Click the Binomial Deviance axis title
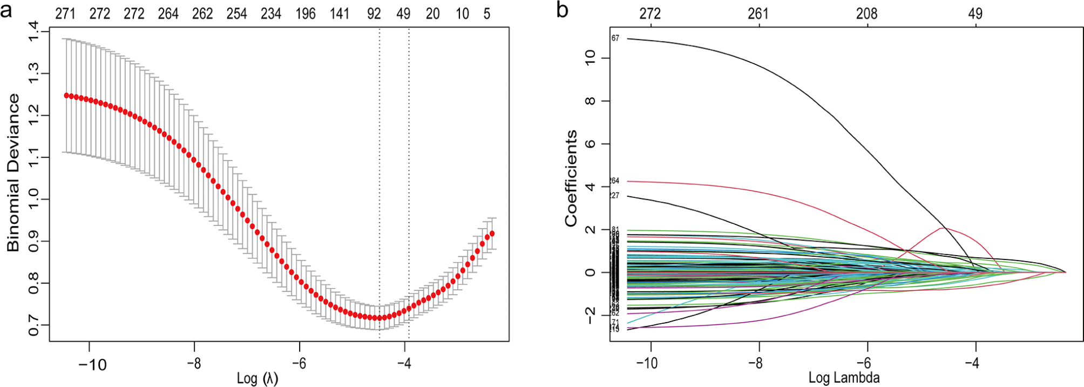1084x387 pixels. click(13, 172)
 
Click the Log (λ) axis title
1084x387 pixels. click(258, 378)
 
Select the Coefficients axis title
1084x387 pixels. click(571, 178)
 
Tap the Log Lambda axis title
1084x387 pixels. click(844, 377)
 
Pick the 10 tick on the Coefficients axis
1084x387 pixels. click(590, 57)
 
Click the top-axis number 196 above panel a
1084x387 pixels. click(306, 14)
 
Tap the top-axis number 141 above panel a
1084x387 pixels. click(340, 14)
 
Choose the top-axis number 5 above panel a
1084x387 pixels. click(487, 14)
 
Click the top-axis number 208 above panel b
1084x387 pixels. click(866, 14)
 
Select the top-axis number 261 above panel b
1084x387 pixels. click(758, 14)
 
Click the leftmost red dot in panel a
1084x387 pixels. click(67, 95)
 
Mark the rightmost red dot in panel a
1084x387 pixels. click(492, 233)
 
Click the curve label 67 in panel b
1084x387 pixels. click(615, 38)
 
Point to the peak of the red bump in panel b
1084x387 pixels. click(942, 228)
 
